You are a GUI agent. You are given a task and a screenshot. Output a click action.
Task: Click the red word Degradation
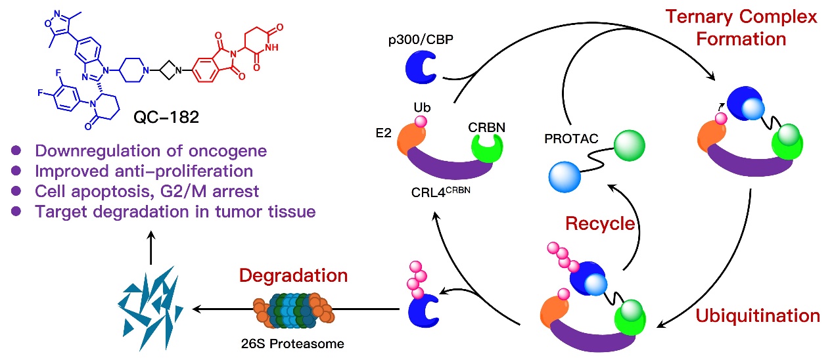[x=294, y=274]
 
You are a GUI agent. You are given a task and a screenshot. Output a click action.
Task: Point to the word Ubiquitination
[x=757, y=315]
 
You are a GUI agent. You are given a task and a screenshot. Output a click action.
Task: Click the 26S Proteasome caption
[x=294, y=343]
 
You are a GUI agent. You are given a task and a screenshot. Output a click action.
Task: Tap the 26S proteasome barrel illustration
[x=293, y=309]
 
